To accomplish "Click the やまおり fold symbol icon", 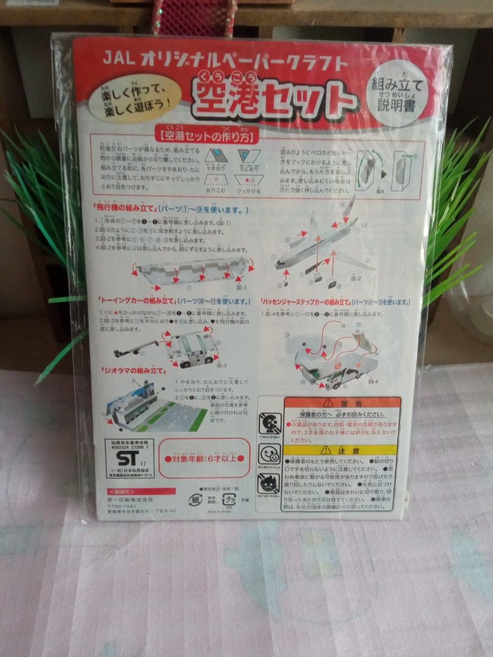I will pyautogui.click(x=216, y=155).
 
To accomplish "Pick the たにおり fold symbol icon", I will pyautogui.click(x=248, y=156).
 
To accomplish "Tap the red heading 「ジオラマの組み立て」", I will pyautogui.click(x=128, y=370).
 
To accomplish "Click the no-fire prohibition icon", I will pyautogui.click(x=268, y=484).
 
